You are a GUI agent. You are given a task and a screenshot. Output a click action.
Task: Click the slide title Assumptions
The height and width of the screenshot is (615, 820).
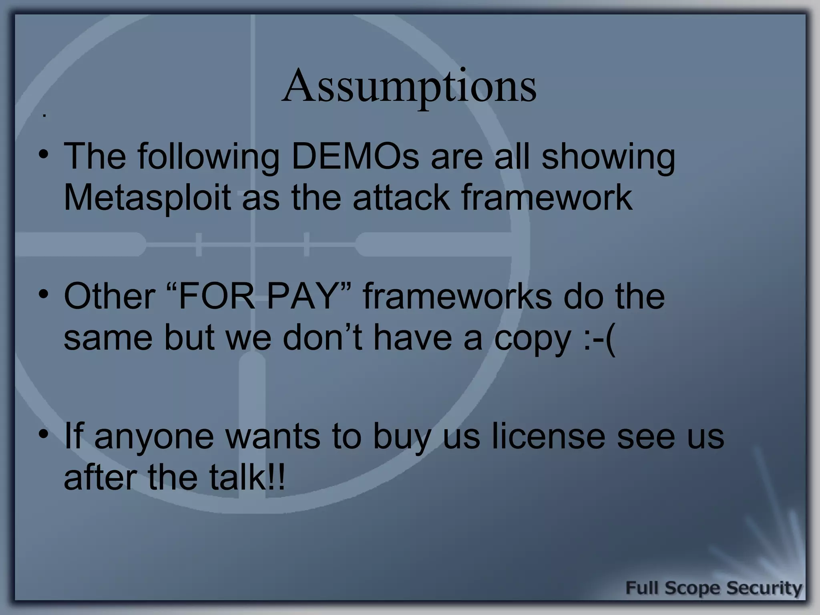point(409,86)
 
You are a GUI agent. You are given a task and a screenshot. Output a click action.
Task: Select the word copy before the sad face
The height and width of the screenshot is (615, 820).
point(532,338)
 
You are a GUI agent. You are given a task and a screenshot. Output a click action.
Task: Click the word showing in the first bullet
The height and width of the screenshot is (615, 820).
point(608,157)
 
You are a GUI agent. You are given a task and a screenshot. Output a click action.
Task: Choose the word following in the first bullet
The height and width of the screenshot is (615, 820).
point(209,157)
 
